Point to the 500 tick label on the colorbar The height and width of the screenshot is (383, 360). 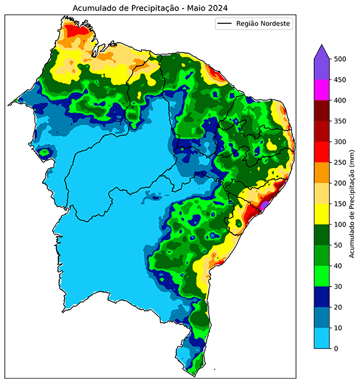pyautogui.click(x=340, y=59)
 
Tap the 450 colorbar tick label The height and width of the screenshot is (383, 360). pyautogui.click(x=340, y=80)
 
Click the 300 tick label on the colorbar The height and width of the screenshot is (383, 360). pyautogui.click(x=340, y=142)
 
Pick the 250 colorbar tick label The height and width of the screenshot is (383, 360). pyautogui.click(x=340, y=162)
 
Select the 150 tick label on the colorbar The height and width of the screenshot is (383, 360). pyautogui.click(x=340, y=204)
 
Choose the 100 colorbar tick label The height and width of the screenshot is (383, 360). pyautogui.click(x=340, y=225)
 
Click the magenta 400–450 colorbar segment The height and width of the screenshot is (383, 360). pyautogui.click(x=322, y=90)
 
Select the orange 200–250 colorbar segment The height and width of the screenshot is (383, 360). pyautogui.click(x=322, y=173)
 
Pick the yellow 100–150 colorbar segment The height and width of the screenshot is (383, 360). pyautogui.click(x=322, y=214)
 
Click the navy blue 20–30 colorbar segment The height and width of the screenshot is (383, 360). pyautogui.click(x=322, y=297)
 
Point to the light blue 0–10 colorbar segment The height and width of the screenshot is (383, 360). pyautogui.click(x=322, y=338)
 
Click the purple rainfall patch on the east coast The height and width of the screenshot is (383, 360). pyautogui.click(x=264, y=207)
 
